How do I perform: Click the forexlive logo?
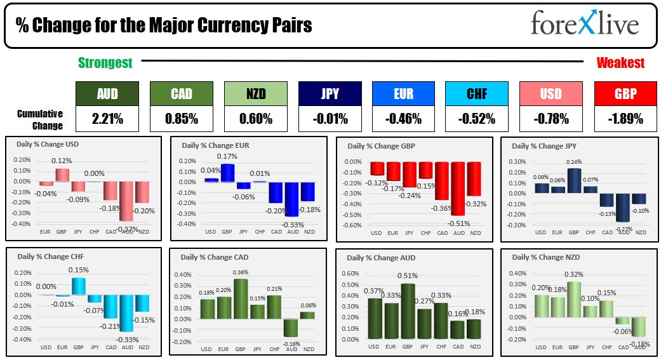tap(585, 25)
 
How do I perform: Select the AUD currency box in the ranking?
tap(107, 94)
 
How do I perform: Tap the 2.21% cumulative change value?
tap(107, 118)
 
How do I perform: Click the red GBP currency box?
tap(625, 94)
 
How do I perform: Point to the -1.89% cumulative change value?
tap(625, 118)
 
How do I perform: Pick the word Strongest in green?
tap(105, 63)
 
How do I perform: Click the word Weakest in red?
tap(620, 63)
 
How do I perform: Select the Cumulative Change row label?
tap(40, 119)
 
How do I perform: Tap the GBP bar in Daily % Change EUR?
tap(227, 173)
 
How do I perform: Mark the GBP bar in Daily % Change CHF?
tap(78, 286)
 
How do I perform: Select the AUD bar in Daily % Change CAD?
tap(290, 328)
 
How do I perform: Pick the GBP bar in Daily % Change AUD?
tap(408, 311)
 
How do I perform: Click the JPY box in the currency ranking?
tap(330, 94)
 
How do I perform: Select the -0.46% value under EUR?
tap(404, 118)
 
